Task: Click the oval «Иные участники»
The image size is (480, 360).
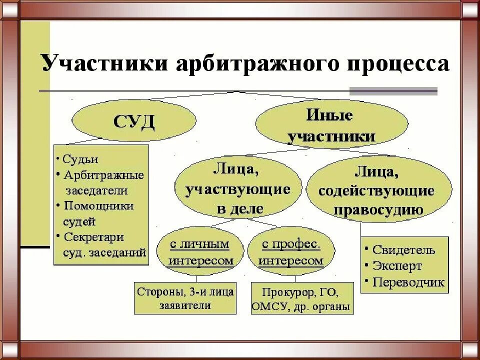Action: pyautogui.click(x=331, y=126)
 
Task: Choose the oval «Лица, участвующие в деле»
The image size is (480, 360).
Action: pyautogui.click(x=239, y=189)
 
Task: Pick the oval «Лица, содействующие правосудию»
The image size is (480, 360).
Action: pyautogui.click(x=378, y=189)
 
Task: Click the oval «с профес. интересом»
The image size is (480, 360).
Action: pyautogui.click(x=290, y=252)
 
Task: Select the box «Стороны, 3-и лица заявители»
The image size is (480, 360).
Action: pyautogui.click(x=185, y=298)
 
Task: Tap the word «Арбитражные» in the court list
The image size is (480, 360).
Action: pyautogui.click(x=103, y=175)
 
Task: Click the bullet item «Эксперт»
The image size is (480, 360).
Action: pyautogui.click(x=397, y=266)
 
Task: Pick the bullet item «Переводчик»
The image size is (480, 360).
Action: pyautogui.click(x=408, y=282)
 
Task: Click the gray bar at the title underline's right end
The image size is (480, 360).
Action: pyautogui.click(x=393, y=91)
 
